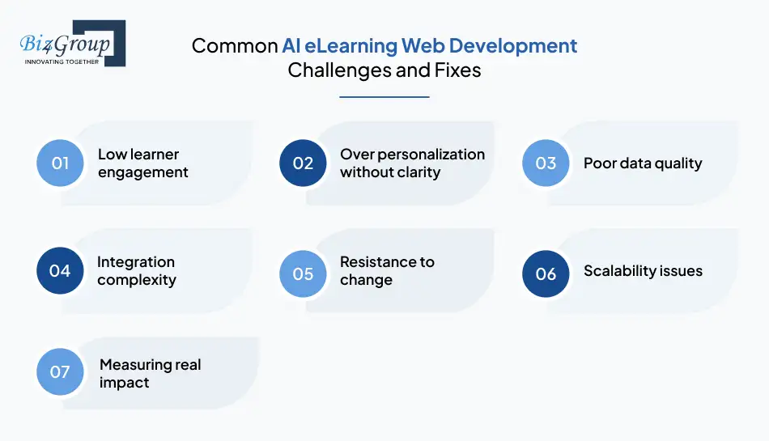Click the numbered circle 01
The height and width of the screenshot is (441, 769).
61,163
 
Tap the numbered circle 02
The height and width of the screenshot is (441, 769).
303,163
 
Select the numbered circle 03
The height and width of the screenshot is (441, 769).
546,163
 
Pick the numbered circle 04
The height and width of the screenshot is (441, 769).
61,270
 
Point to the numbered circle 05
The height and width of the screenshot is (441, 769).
303,274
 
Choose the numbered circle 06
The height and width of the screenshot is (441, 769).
546,274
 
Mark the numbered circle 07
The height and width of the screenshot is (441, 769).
61,372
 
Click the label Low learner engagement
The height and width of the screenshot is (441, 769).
142,163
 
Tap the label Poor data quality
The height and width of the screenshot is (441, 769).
643,163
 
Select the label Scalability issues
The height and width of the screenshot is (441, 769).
643,270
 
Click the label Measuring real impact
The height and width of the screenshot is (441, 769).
150,373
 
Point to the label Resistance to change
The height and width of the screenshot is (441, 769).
387,271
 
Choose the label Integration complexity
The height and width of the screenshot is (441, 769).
136,271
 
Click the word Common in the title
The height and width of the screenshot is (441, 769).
234,45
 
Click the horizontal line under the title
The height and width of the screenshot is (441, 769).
384,97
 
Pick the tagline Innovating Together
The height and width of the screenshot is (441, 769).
62,61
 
